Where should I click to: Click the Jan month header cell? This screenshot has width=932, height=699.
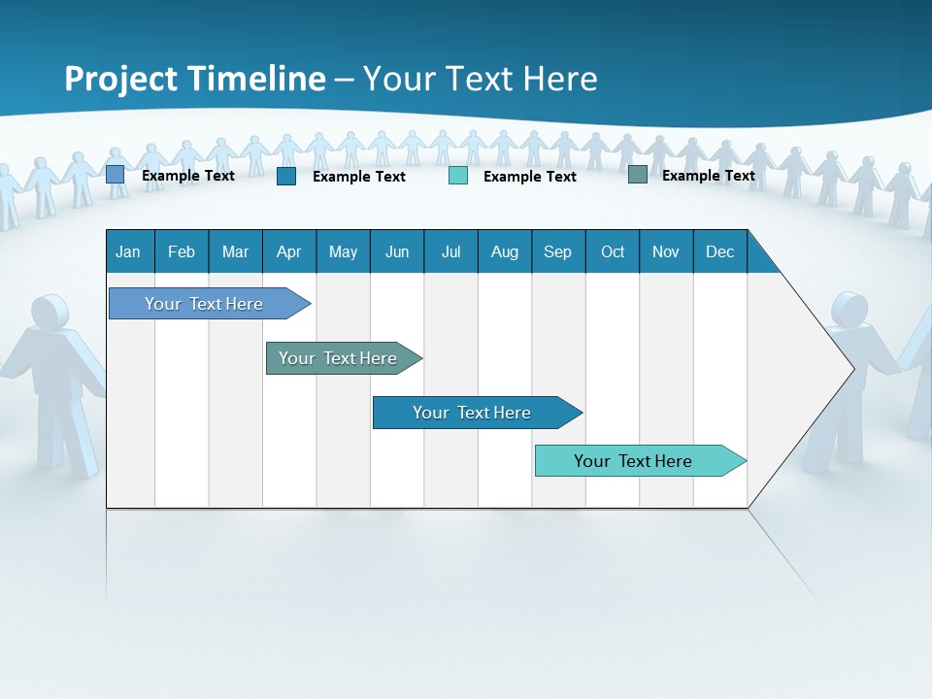click(x=129, y=251)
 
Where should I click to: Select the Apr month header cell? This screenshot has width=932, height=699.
click(x=289, y=251)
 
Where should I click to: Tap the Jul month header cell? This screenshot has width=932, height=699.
click(x=451, y=251)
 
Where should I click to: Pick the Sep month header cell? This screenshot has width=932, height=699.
click(x=558, y=251)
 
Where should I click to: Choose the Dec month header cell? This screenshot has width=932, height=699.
click(x=720, y=251)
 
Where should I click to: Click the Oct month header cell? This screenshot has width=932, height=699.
click(x=613, y=251)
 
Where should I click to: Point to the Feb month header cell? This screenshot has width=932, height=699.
click(x=182, y=251)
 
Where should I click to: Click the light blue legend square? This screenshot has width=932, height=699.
click(x=115, y=175)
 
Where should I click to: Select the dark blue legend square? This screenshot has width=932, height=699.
click(x=286, y=176)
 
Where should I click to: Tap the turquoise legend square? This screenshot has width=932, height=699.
click(x=458, y=176)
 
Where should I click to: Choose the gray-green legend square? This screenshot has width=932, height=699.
click(x=638, y=175)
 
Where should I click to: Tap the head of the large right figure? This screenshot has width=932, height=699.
click(x=849, y=309)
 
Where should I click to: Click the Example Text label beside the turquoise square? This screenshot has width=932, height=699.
click(x=529, y=177)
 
